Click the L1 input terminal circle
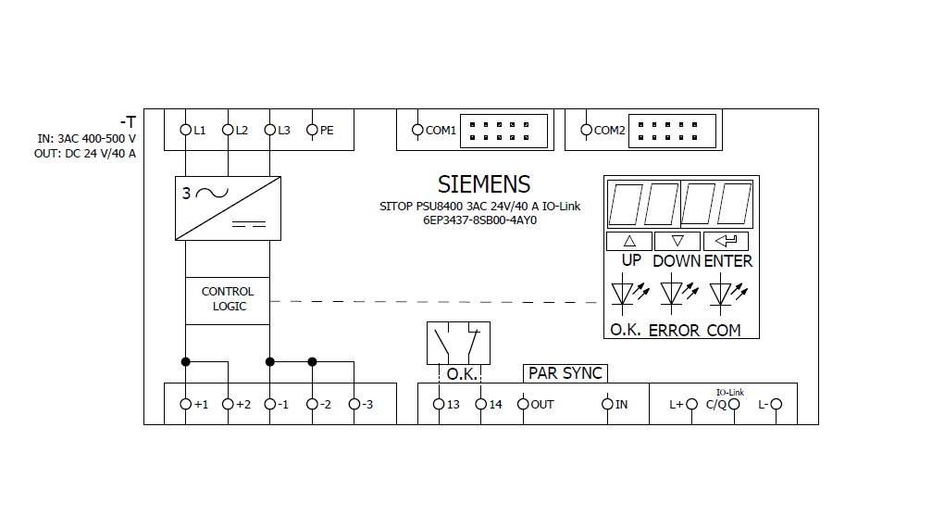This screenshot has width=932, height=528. point(185,130)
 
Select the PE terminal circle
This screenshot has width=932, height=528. point(312,130)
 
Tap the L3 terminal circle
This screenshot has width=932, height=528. point(270,130)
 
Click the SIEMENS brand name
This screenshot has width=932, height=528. point(484,183)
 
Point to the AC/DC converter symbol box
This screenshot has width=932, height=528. point(228,208)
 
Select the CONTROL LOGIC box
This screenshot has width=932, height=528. point(228,300)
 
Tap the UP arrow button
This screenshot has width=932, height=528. point(630,241)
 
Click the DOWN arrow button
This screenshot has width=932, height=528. point(677,241)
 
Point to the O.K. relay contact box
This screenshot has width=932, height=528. point(458,344)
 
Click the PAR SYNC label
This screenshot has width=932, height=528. point(565,373)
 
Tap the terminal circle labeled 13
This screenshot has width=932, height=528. point(439,404)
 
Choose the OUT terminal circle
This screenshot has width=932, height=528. point(523,404)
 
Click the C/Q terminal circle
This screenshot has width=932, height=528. point(735,404)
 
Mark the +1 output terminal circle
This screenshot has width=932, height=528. point(185,404)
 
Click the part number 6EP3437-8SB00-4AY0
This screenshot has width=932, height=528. point(479,220)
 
